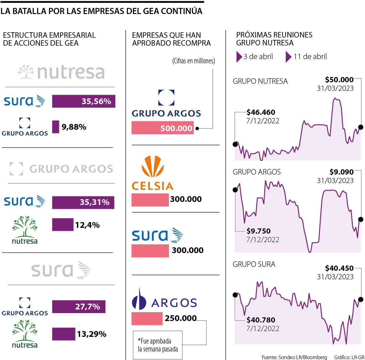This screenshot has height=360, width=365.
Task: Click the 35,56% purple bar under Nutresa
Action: click(x=83, y=101)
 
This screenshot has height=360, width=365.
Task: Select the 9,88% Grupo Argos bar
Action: click(x=55, y=127)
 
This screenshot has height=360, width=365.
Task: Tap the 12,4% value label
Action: click(x=88, y=225)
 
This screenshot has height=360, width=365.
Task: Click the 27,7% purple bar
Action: click(x=78, y=307)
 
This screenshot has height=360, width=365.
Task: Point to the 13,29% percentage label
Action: click(x=92, y=334)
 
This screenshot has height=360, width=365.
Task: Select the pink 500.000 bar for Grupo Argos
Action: click(x=162, y=128)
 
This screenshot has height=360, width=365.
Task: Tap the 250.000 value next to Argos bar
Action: click(x=181, y=318)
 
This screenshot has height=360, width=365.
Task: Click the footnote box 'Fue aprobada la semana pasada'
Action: click(x=158, y=345)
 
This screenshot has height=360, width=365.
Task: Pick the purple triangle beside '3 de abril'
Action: click(x=239, y=57)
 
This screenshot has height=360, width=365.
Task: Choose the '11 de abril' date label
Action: click(x=310, y=57)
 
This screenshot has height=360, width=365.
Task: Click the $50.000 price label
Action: click(x=339, y=80)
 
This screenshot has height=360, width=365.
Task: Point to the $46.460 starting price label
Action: click(x=261, y=112)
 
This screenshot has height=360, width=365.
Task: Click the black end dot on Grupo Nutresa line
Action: click(x=361, y=127)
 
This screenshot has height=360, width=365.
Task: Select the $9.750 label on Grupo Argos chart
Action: click(x=258, y=231)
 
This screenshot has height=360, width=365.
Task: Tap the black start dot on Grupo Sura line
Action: click(x=235, y=295)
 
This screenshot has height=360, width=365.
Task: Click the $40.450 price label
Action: click(x=339, y=268)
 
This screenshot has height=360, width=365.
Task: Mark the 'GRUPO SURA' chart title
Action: click(x=254, y=264)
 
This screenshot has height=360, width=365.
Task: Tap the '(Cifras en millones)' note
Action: click(x=193, y=61)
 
